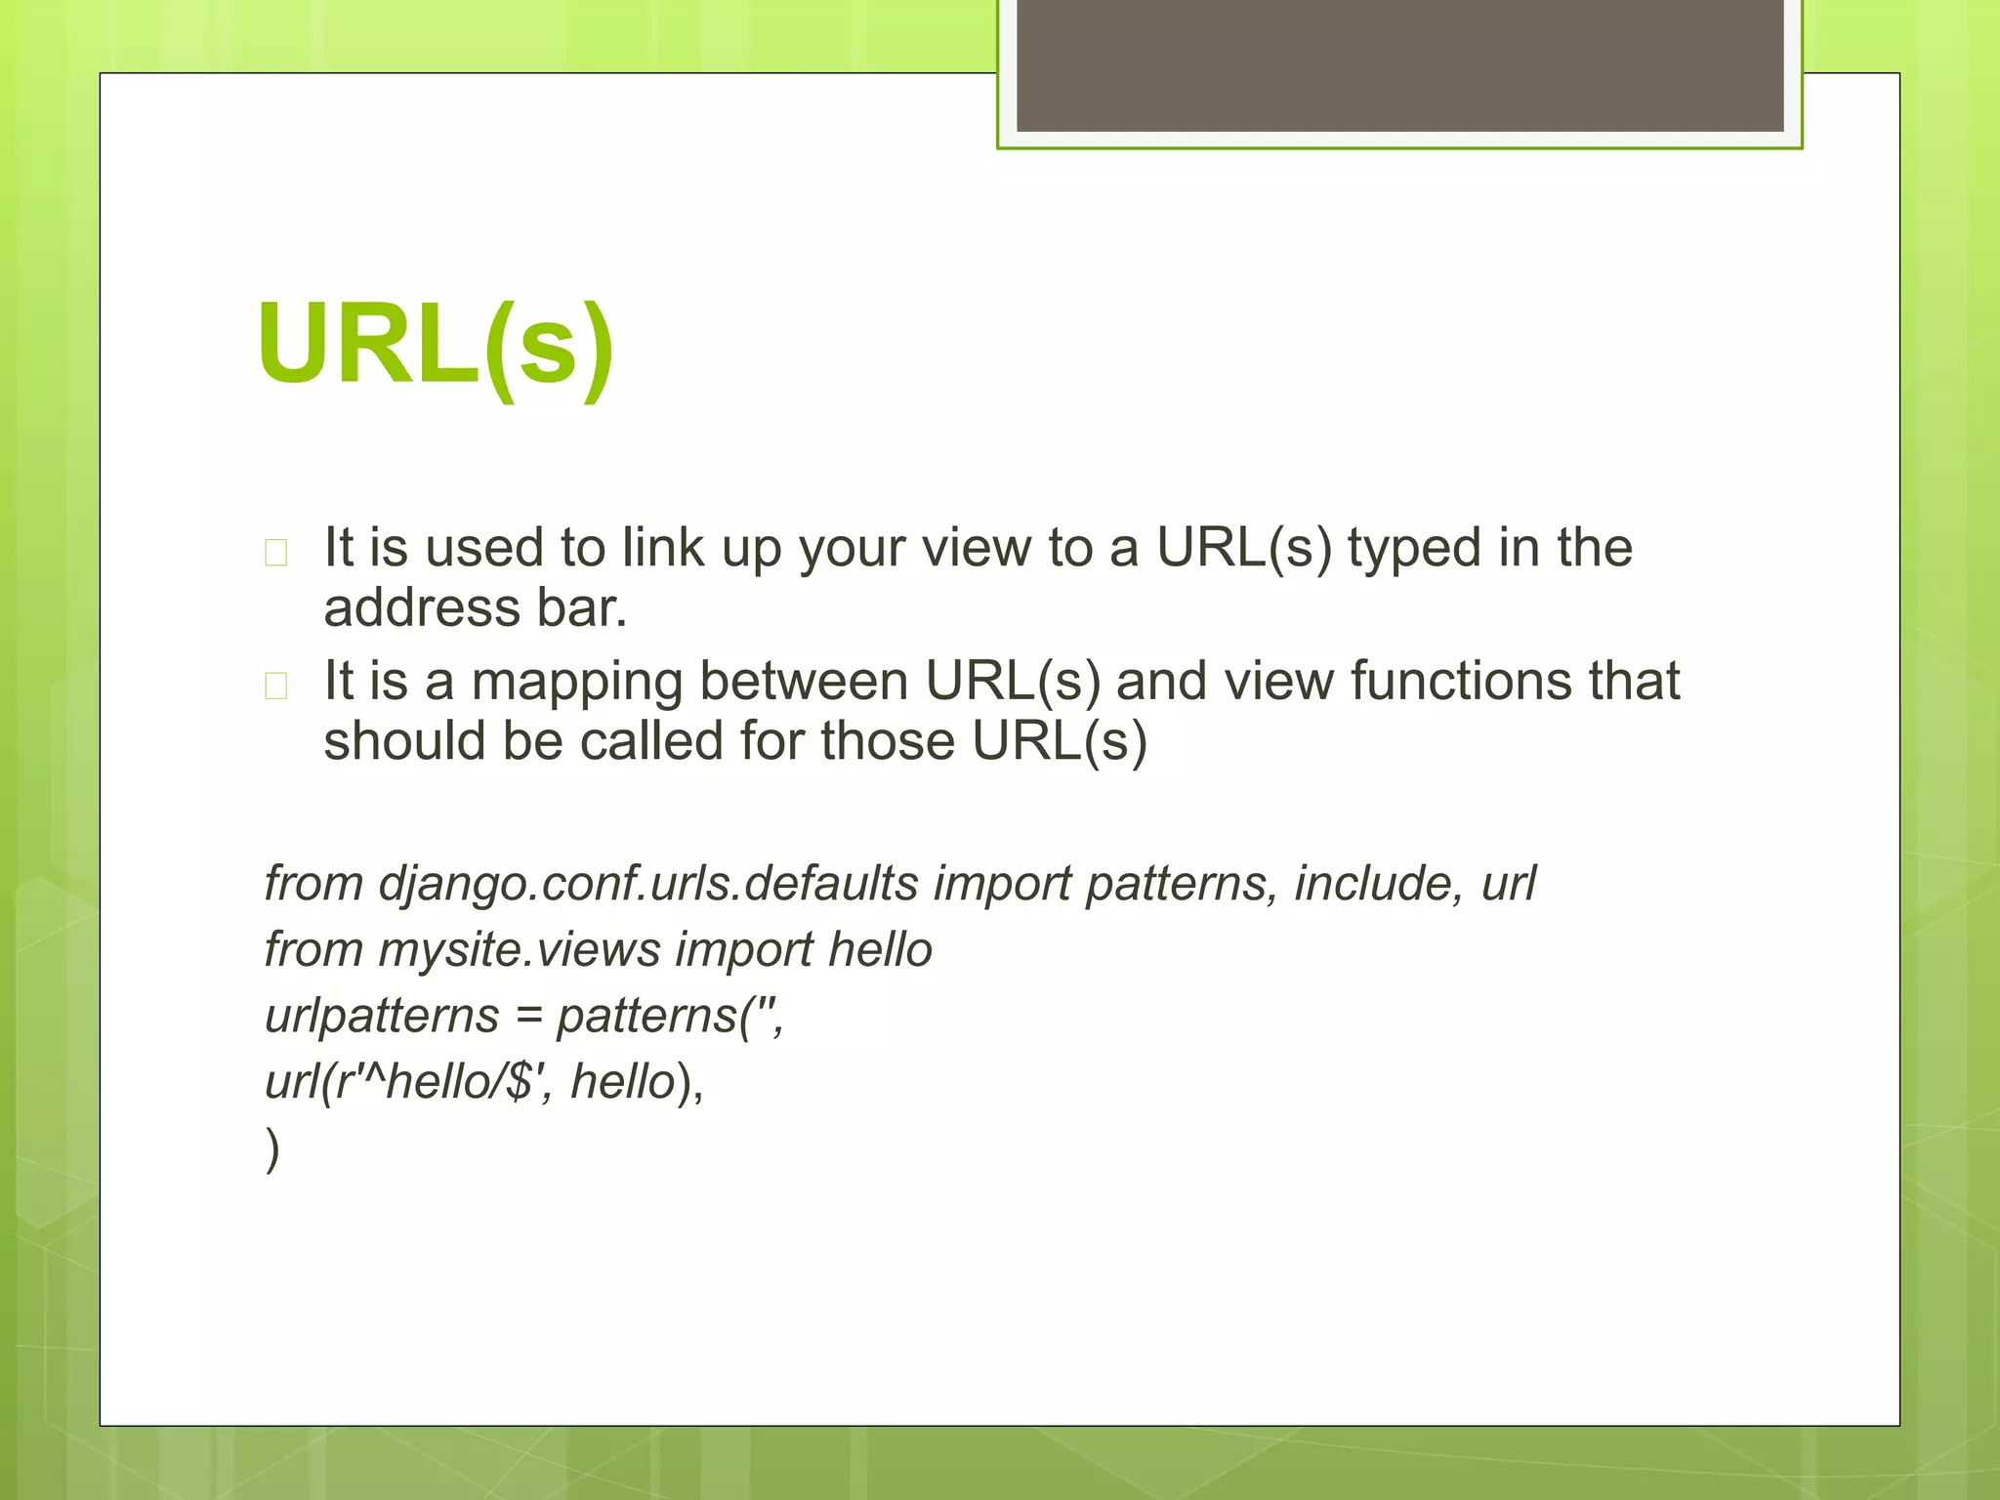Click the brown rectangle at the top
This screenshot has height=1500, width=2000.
coord(1399,64)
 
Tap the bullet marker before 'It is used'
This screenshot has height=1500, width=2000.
coord(276,553)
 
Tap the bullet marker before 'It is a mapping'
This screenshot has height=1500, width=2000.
coord(276,686)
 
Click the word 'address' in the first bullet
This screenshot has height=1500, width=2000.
coord(422,608)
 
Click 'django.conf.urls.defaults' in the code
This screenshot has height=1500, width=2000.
coord(647,884)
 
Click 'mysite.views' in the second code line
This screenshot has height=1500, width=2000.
coord(520,950)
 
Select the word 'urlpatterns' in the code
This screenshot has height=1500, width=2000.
coord(382,1016)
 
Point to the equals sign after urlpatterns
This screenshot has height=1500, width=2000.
coord(528,1018)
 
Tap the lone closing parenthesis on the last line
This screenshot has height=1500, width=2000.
coord(272,1149)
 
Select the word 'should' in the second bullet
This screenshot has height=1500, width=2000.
coord(403,741)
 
